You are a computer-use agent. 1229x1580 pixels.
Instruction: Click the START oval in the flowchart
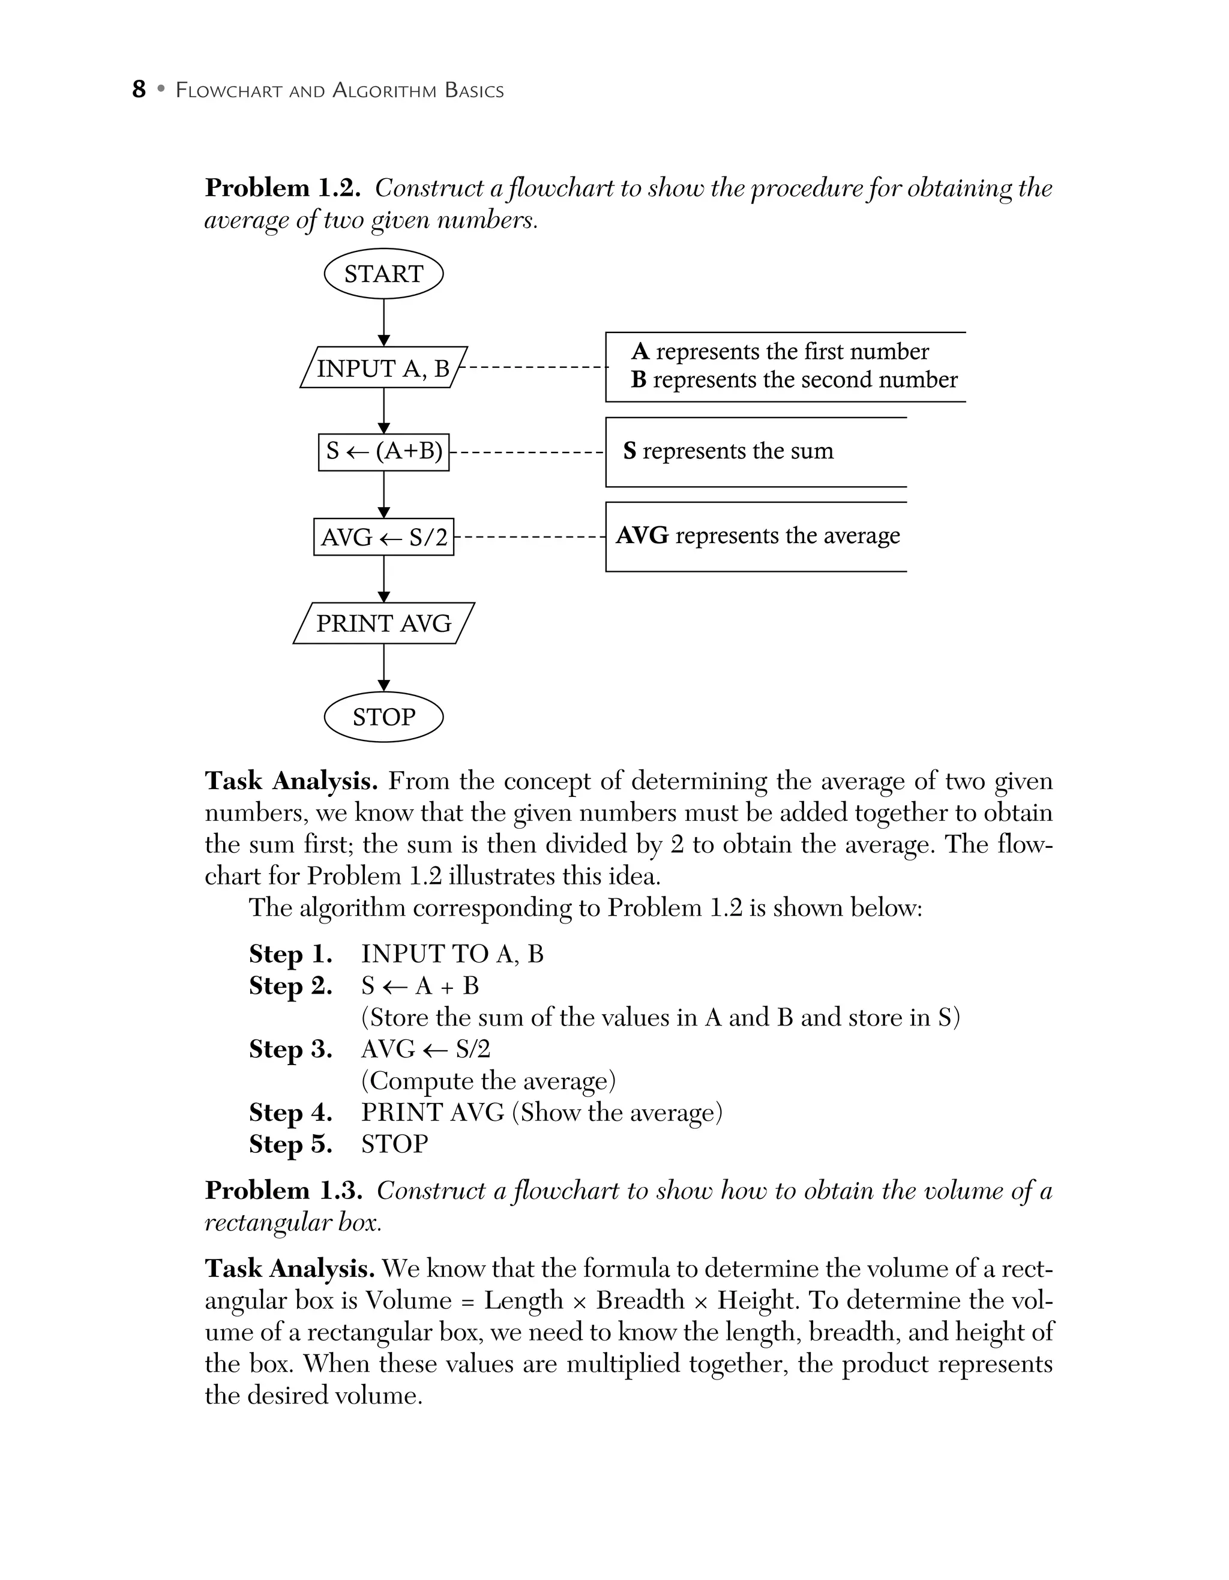383,274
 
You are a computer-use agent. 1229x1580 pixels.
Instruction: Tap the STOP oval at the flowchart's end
383,717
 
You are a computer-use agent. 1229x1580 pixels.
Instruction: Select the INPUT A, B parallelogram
383,368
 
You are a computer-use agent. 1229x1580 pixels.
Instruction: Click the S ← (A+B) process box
383,451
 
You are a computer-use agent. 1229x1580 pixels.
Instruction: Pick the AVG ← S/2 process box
383,537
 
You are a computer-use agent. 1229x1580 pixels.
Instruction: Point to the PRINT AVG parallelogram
383,623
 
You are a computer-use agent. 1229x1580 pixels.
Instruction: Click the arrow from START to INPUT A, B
384,322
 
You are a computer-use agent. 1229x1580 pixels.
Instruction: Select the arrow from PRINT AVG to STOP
384,667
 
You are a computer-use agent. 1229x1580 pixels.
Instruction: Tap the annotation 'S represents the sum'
728,451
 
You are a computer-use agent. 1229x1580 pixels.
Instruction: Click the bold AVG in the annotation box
642,535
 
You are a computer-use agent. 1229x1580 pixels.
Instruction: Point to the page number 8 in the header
139,89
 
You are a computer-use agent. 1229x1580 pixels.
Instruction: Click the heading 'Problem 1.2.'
282,188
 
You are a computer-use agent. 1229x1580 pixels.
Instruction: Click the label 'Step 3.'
290,1049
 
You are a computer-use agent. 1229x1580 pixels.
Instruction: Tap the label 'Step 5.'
290,1144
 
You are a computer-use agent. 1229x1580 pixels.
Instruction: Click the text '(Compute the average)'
488,1081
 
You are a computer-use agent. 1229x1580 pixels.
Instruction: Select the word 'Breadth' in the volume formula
640,1300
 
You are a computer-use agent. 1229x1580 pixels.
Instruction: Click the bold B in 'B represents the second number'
638,380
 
